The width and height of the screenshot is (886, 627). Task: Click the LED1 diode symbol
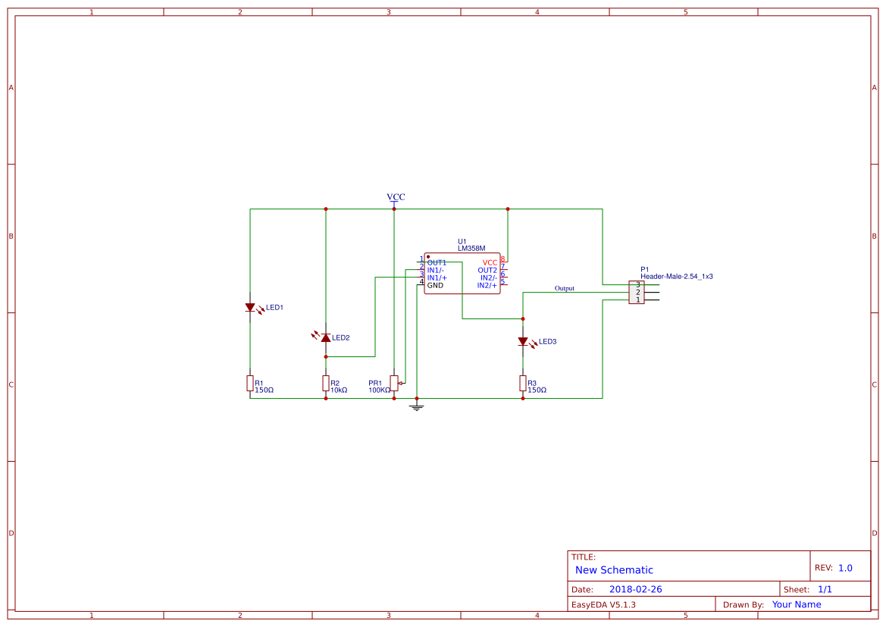(x=250, y=307)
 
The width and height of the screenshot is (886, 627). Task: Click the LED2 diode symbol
(x=326, y=337)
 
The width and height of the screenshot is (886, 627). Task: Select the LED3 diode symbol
(x=523, y=341)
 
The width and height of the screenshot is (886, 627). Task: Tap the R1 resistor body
(x=250, y=383)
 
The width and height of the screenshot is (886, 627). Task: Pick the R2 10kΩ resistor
(x=326, y=383)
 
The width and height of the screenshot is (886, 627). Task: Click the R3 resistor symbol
(x=523, y=383)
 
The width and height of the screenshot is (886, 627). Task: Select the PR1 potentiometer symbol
(x=394, y=382)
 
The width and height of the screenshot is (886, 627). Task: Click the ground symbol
(x=416, y=407)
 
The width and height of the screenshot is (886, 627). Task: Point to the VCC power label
(x=396, y=197)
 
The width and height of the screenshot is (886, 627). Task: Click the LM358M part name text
(x=471, y=249)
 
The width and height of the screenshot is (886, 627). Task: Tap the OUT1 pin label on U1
(x=437, y=262)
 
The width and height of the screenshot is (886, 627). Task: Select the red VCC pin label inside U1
(x=490, y=262)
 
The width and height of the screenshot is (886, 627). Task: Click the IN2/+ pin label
(x=487, y=285)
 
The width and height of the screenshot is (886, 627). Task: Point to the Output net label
(x=564, y=288)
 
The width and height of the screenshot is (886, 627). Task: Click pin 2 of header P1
(x=638, y=292)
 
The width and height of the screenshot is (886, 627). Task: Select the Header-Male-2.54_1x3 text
(x=676, y=277)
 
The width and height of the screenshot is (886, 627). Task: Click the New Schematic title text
(x=614, y=570)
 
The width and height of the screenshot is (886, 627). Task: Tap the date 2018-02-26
(x=635, y=589)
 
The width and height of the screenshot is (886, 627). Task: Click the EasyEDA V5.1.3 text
(x=603, y=604)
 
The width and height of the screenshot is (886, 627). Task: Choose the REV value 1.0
(x=845, y=568)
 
